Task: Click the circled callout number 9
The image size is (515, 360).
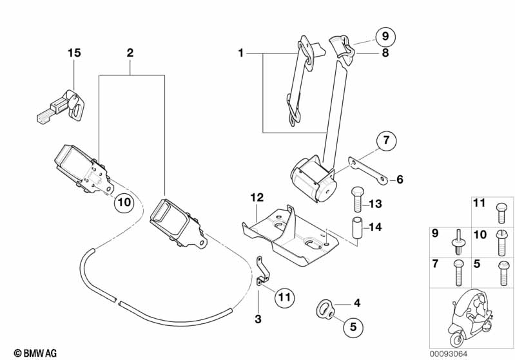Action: click(x=385, y=36)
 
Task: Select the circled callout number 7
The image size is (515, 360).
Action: click(x=386, y=140)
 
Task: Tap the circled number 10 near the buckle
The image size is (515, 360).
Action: click(x=124, y=202)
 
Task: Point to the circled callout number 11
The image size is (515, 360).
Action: click(x=285, y=297)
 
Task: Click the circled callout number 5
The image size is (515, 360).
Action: click(x=353, y=327)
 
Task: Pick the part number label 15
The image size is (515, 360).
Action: click(x=74, y=53)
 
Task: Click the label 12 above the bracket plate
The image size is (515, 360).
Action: click(x=257, y=198)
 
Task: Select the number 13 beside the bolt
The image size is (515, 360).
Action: click(x=375, y=204)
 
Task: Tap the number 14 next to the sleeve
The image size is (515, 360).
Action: click(x=375, y=227)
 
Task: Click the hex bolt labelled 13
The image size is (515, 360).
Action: click(x=356, y=199)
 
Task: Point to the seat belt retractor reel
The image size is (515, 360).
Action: click(x=315, y=180)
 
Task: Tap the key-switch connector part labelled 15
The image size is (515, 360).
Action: click(x=61, y=106)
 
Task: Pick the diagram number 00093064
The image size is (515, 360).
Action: click(x=449, y=354)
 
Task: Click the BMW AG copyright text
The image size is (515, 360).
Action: click(x=35, y=353)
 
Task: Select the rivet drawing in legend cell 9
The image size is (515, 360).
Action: click(x=458, y=242)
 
